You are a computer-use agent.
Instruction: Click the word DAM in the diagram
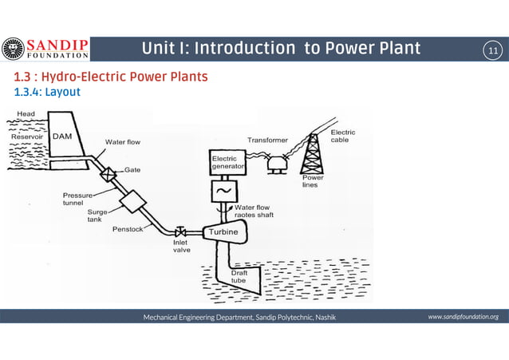click(63, 136)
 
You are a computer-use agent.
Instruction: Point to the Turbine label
click(223, 232)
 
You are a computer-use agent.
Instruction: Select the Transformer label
click(267, 140)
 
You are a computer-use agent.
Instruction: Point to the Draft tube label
click(239, 277)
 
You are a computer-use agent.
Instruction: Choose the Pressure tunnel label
click(78, 199)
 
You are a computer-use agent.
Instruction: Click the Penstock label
click(128, 228)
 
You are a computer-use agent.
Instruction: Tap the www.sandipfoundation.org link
click(463, 317)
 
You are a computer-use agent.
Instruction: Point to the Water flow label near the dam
click(123, 142)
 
